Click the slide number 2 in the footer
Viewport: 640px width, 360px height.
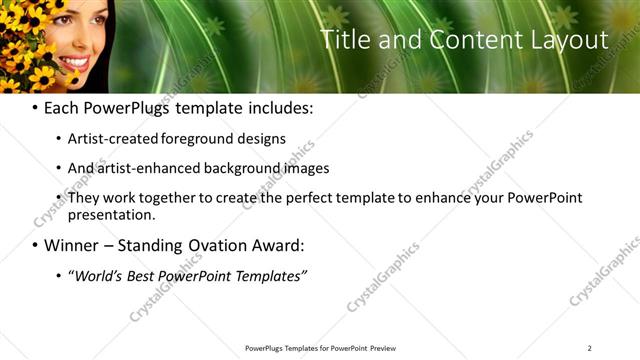click(589, 348)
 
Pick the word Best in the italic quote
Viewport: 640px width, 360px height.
click(147, 275)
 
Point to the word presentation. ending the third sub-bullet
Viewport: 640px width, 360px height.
click(112, 215)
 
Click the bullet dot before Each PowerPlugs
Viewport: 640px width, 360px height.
click(35, 108)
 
